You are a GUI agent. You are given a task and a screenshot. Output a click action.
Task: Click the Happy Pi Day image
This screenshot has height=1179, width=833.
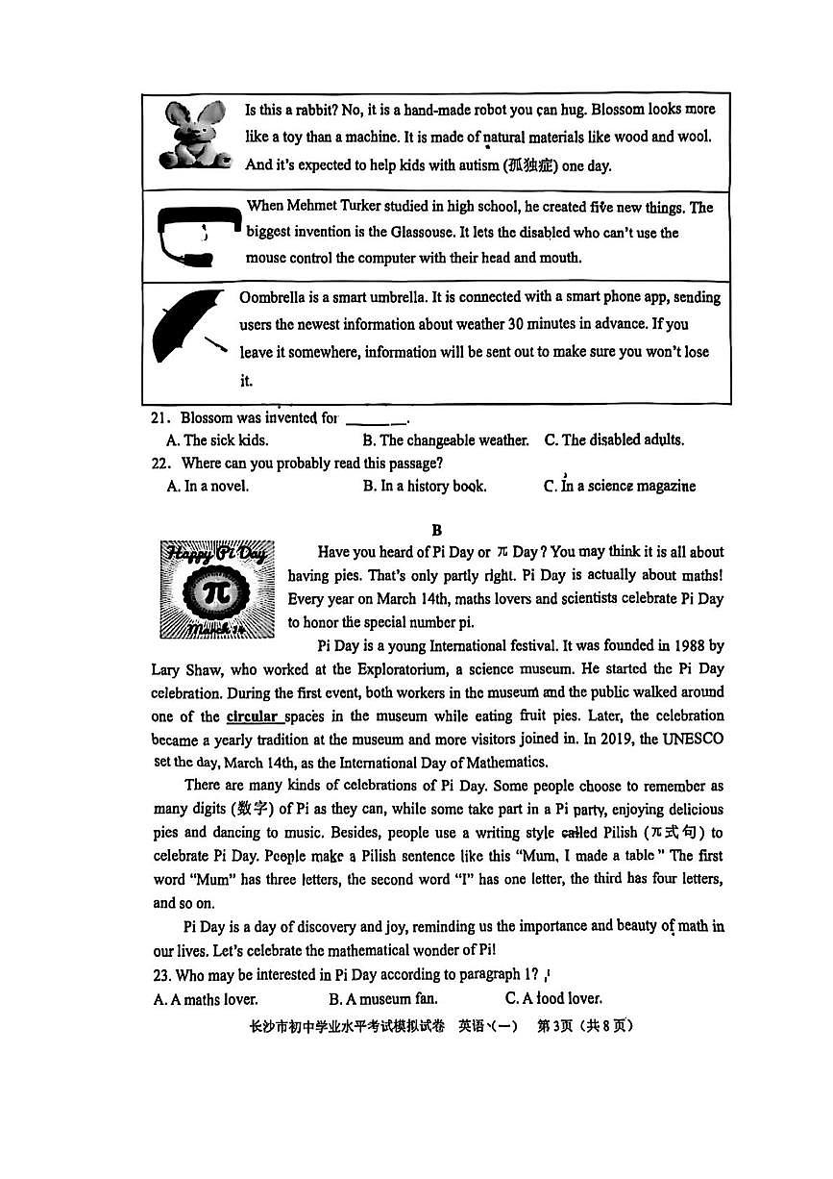click(x=217, y=589)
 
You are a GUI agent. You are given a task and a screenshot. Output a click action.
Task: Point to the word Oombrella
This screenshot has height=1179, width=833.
click(x=272, y=297)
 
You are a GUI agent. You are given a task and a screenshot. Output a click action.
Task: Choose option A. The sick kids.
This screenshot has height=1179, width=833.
click(x=217, y=440)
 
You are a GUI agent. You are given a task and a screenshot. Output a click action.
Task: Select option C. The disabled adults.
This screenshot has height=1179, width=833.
click(x=614, y=440)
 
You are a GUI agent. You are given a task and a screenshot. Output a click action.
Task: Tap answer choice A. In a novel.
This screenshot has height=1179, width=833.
click(x=208, y=487)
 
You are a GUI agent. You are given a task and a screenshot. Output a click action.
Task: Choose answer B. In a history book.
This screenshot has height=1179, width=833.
click(x=425, y=487)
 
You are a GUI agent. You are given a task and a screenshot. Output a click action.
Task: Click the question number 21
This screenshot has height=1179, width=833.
click(x=160, y=418)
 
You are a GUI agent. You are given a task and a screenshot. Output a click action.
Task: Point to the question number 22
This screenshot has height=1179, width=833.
click(x=160, y=464)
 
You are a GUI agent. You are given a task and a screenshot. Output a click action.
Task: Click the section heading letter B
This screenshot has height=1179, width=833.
click(x=436, y=530)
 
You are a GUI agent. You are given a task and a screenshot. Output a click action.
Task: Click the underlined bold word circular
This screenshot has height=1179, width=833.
click(x=253, y=716)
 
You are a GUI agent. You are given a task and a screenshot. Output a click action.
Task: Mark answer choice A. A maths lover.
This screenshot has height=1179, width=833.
click(x=206, y=999)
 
